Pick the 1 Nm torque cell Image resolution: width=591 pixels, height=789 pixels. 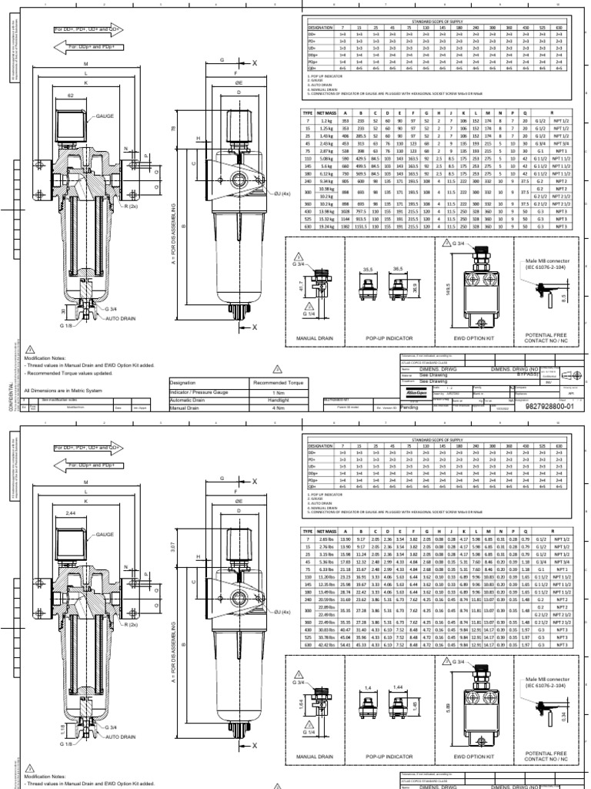[x=276, y=392]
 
